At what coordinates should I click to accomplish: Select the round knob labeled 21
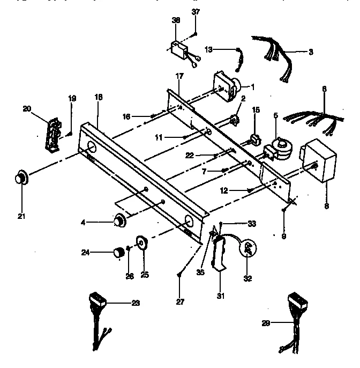tap(21, 177)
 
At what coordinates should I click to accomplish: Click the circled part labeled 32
tap(248, 247)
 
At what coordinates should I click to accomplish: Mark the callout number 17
tap(179, 76)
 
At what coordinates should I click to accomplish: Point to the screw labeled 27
tap(178, 275)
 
